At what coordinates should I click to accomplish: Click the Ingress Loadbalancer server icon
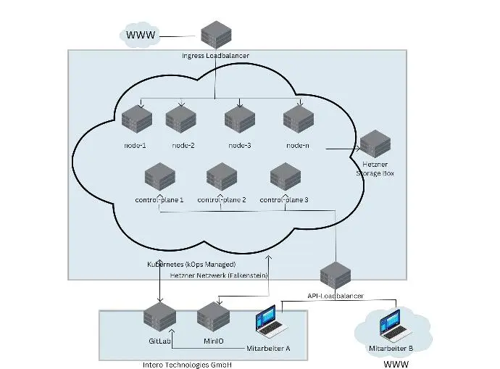point(215,33)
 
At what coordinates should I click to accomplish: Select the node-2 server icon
point(182,120)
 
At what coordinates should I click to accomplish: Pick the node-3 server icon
point(239,120)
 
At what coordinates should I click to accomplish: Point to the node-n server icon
point(297,120)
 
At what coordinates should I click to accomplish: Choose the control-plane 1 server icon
point(160,177)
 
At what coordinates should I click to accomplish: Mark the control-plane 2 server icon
point(221,177)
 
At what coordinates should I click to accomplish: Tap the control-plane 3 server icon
point(285,177)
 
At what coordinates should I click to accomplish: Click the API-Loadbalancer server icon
point(336,275)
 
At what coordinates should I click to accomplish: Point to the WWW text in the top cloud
point(141,35)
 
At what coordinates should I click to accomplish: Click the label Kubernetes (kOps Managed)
point(191,265)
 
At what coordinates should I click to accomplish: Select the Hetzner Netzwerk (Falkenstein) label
point(219,275)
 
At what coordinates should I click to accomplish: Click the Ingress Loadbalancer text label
point(214,55)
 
